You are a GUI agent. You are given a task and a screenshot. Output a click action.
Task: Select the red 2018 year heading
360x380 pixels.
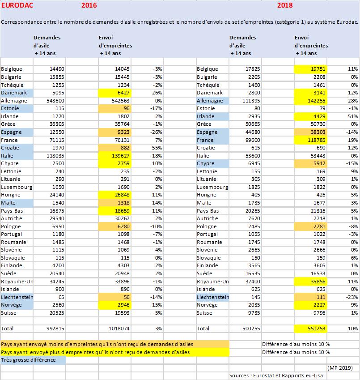click(x=284, y=5)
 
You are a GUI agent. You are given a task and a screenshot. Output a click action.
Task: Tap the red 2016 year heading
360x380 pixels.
click(x=89, y=5)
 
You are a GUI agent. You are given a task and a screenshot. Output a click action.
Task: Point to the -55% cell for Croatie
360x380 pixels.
click(x=156, y=148)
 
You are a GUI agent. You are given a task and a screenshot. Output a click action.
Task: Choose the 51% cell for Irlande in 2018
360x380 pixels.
click(x=352, y=116)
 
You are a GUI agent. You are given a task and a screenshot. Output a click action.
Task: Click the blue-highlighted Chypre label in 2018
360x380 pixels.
click(x=207, y=163)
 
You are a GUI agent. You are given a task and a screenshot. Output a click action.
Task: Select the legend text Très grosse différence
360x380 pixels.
click(x=28, y=359)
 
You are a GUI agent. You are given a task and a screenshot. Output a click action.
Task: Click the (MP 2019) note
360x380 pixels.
click(x=342, y=367)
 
